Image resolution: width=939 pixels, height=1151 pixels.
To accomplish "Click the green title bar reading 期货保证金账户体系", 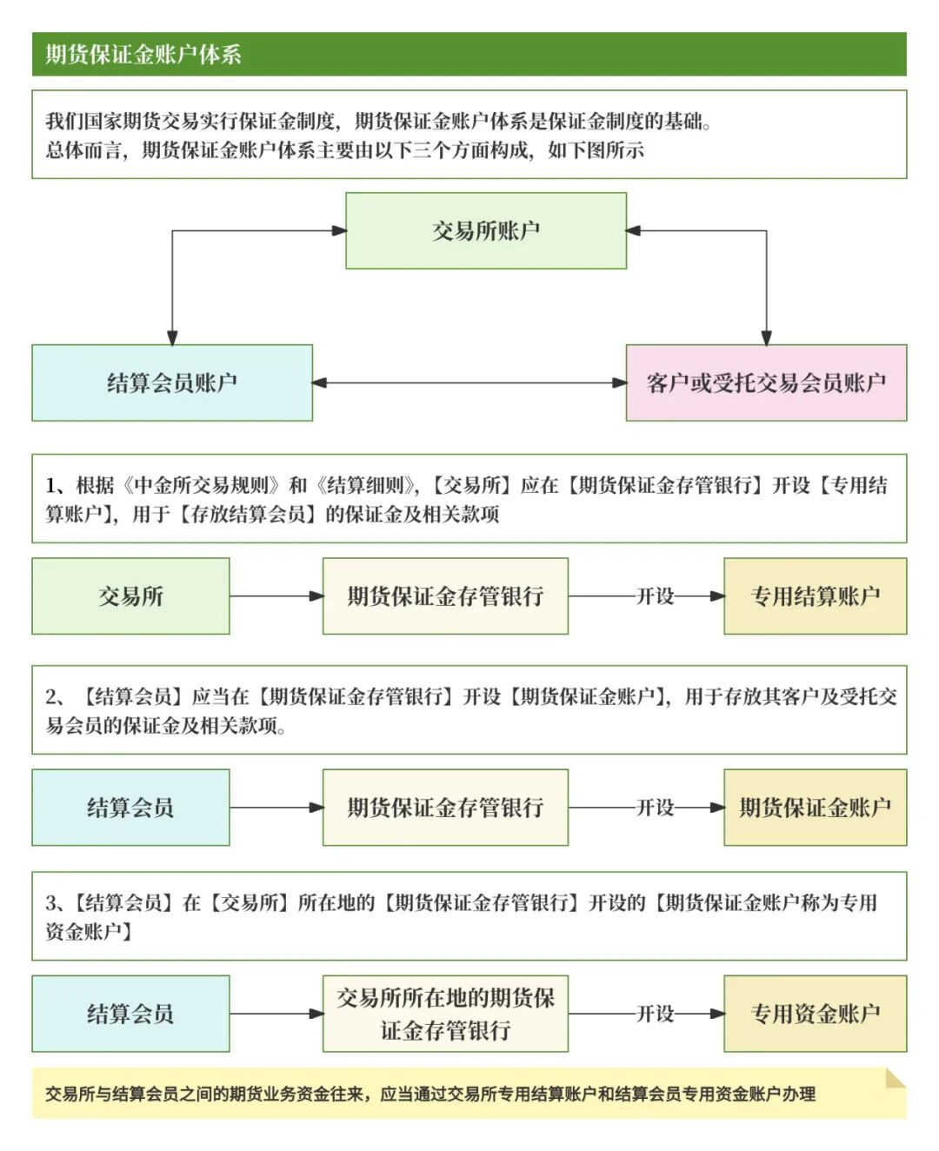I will tap(469, 54).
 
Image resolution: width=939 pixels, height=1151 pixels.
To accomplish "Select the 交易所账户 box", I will tap(486, 230).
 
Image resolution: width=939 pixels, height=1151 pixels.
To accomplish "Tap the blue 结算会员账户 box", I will tap(172, 383).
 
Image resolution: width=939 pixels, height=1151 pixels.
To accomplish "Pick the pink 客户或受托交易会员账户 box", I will tap(766, 383).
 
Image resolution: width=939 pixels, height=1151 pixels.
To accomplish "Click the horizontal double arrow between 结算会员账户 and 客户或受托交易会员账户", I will tap(469, 383).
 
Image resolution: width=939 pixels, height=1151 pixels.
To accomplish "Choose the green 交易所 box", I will tap(130, 596).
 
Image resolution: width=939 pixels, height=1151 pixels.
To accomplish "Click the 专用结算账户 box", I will tap(815, 596).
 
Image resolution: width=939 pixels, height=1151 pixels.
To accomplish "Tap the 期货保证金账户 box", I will tap(815, 808).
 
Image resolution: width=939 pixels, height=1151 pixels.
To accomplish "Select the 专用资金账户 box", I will tap(815, 1014).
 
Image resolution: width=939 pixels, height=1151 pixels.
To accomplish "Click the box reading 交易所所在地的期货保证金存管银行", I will tap(445, 1014).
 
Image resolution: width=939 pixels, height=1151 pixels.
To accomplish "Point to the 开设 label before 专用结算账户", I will tap(656, 596).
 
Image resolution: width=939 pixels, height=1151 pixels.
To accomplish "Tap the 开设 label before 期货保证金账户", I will tap(656, 808).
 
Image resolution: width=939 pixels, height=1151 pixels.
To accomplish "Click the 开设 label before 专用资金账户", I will tap(656, 1014).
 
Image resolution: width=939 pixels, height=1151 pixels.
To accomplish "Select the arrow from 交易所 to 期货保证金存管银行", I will tap(276, 596).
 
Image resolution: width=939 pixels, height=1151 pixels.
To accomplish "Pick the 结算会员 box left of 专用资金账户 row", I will tap(130, 1014).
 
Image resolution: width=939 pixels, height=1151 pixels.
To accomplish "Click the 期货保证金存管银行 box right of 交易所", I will tap(445, 596).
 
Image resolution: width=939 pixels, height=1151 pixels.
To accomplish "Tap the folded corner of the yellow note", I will tap(895, 1079).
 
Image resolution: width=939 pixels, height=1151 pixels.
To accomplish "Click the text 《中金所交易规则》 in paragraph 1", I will tap(202, 485).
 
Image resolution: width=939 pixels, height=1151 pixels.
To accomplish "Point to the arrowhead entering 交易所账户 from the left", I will tap(338, 230).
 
